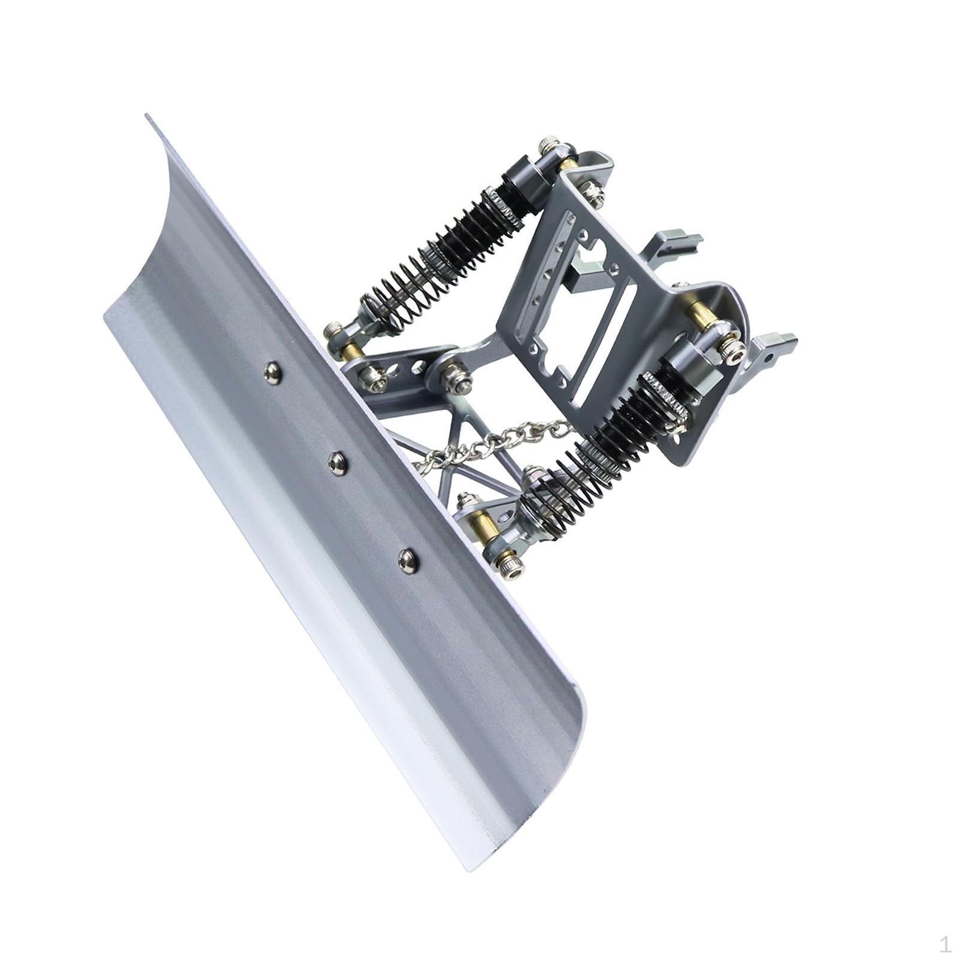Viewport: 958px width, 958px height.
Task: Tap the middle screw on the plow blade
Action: point(338,462)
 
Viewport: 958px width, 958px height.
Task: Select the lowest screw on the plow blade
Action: point(408,561)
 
